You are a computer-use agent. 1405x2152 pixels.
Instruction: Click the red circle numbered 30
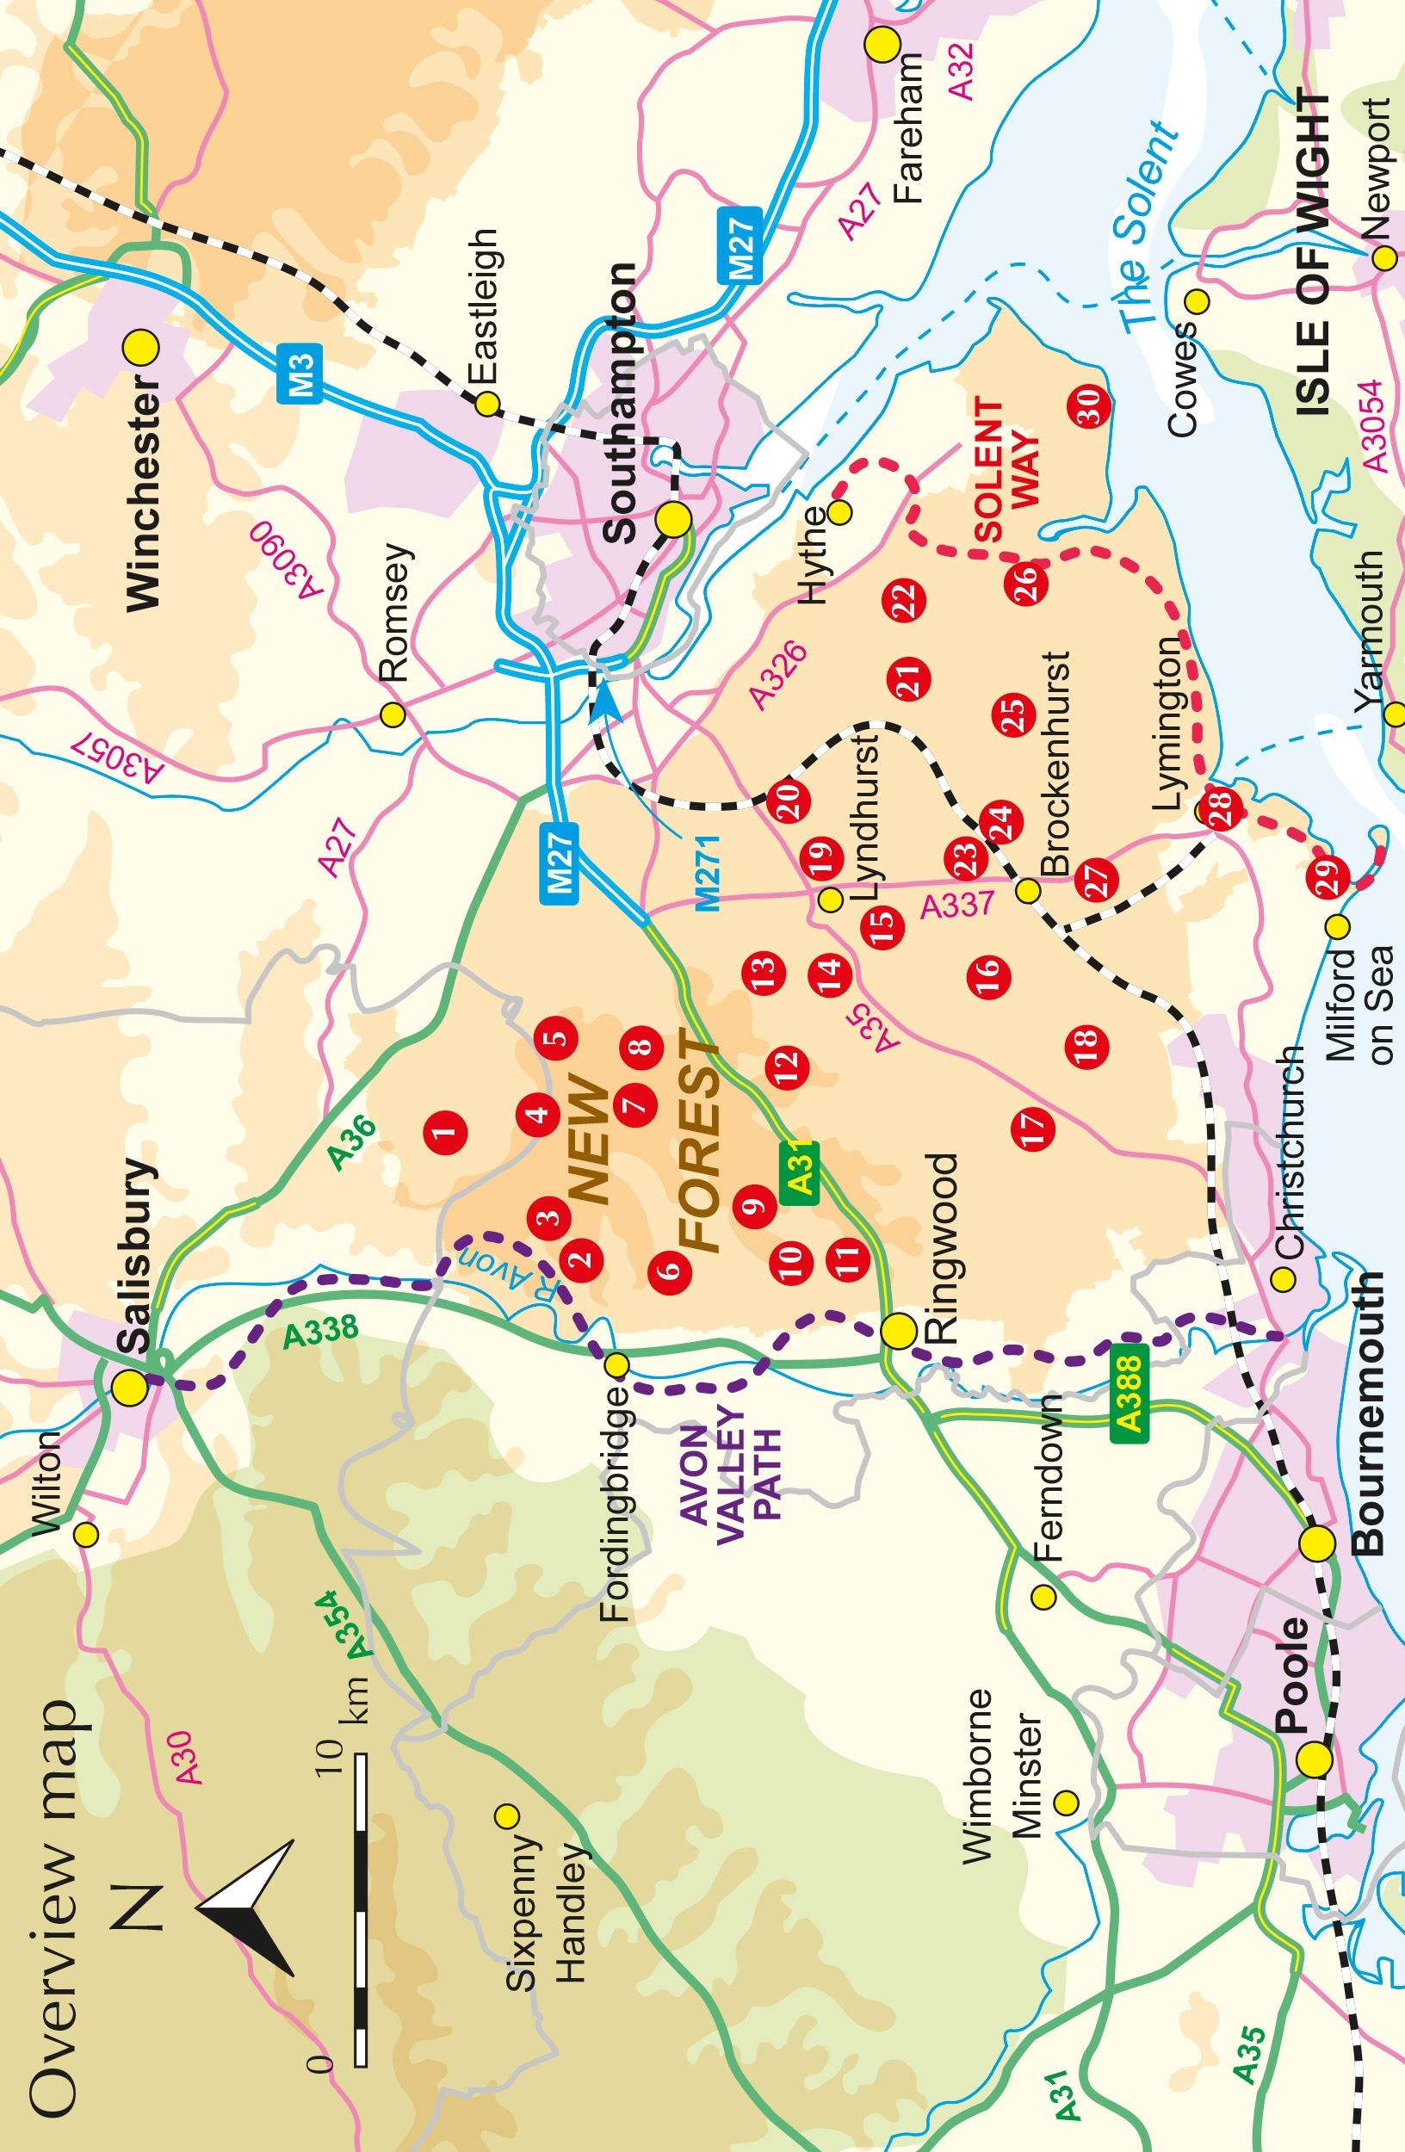coord(1088,406)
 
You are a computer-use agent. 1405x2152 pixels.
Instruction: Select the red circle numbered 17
coord(1032,1128)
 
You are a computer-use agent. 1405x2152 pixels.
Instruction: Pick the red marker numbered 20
coord(788,801)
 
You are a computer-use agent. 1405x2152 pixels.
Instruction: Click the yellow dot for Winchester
coord(140,347)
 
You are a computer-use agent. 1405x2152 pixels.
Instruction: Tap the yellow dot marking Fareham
coord(882,43)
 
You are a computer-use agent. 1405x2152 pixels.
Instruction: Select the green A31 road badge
coord(798,1172)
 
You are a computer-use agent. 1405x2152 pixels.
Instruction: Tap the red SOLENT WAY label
coord(1006,470)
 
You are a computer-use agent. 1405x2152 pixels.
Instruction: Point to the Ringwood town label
coord(941,1247)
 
